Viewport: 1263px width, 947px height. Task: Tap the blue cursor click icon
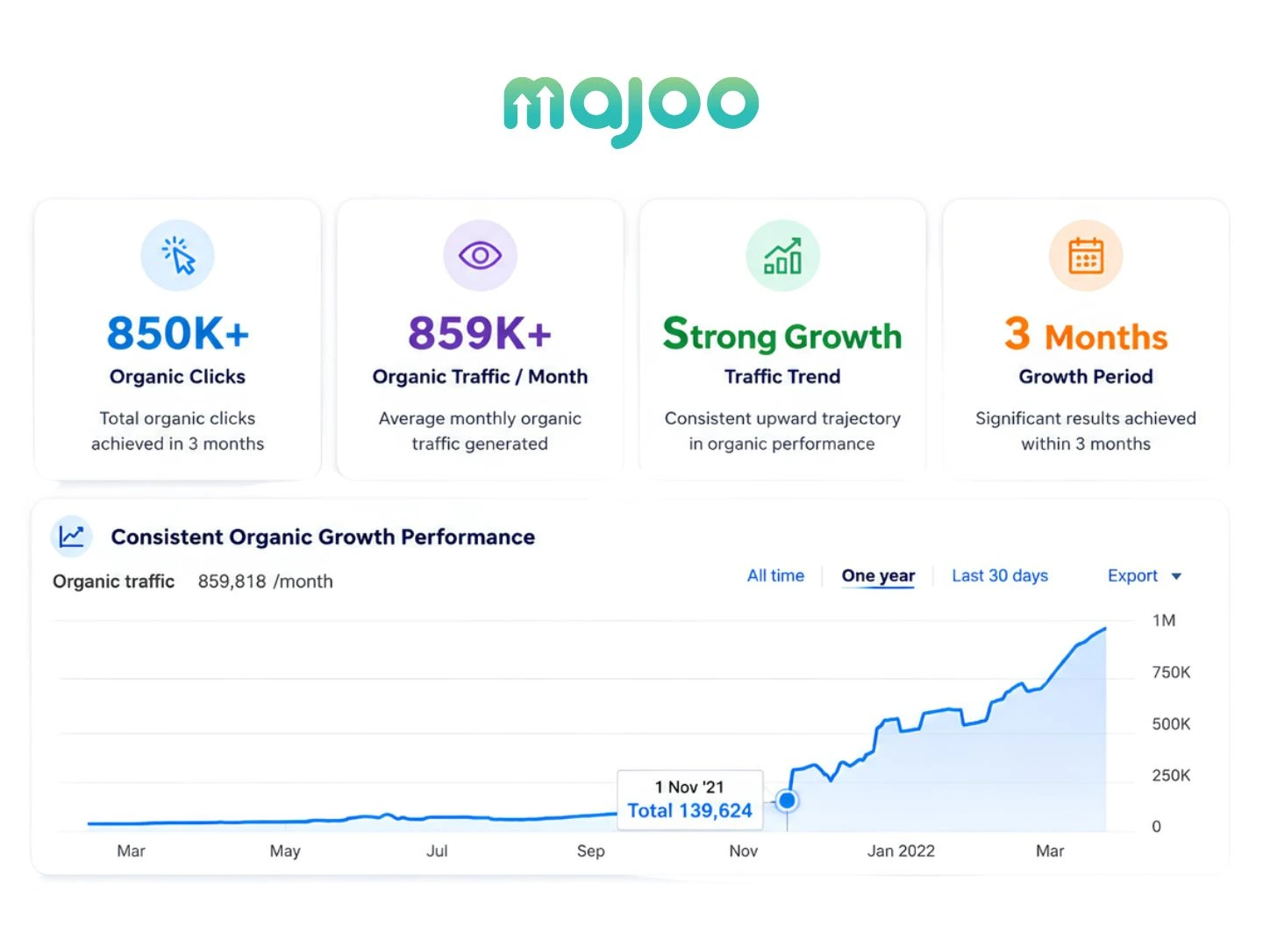click(x=178, y=255)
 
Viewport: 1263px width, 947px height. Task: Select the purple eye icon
click(x=480, y=255)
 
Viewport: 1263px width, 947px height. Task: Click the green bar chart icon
click(x=782, y=256)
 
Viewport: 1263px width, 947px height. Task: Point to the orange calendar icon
click(x=1086, y=256)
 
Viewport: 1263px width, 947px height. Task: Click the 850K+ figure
click(x=178, y=333)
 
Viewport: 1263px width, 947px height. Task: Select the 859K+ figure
click(x=480, y=333)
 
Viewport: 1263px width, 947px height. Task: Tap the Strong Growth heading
click(x=782, y=335)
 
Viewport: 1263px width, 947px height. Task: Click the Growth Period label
click(x=1086, y=376)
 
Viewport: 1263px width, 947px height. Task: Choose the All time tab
click(x=775, y=575)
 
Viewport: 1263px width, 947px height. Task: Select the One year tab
click(x=878, y=575)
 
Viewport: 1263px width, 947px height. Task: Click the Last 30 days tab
click(x=1000, y=575)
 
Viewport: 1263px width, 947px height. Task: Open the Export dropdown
click(x=1144, y=575)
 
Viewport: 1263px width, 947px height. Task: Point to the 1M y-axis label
click(x=1164, y=621)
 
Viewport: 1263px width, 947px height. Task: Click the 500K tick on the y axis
click(x=1171, y=724)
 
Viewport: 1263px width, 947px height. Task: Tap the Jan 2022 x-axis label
click(x=901, y=851)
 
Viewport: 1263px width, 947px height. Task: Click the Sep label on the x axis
click(x=591, y=851)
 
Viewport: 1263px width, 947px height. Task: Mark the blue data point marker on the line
click(x=787, y=800)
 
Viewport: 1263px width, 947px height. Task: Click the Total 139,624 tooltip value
click(x=690, y=811)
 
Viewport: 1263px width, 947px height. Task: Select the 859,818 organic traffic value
click(x=232, y=581)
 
